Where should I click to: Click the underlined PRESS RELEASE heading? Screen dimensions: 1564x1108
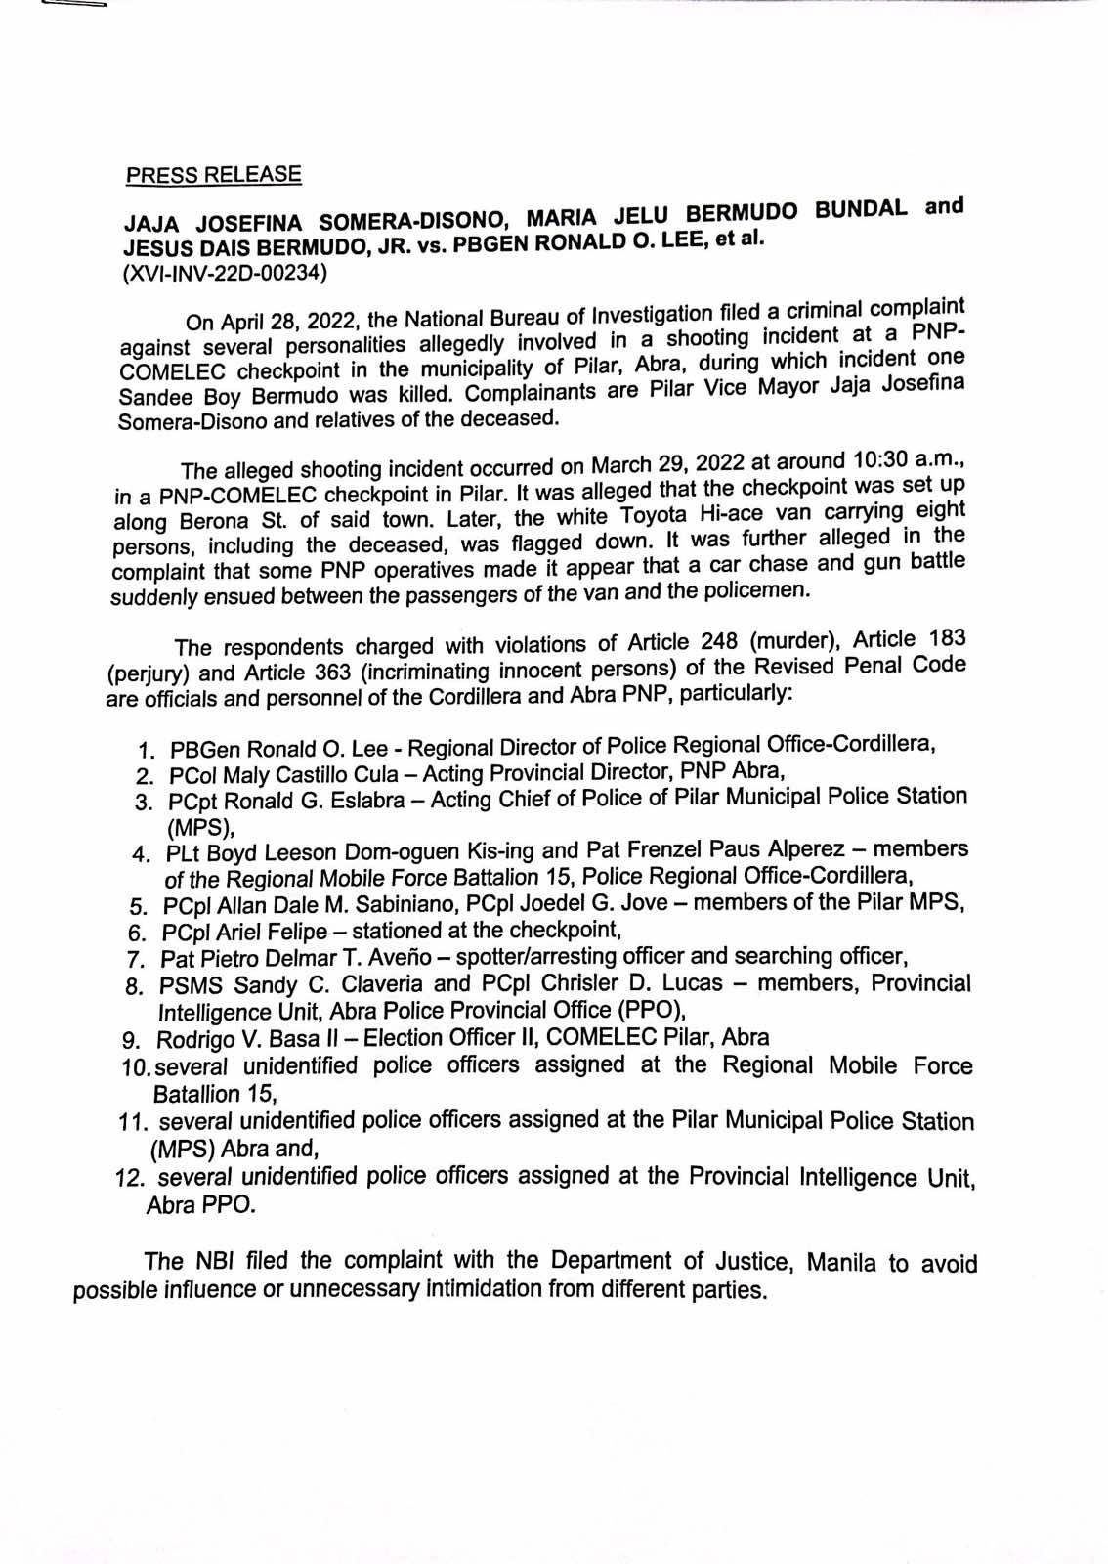tap(213, 175)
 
